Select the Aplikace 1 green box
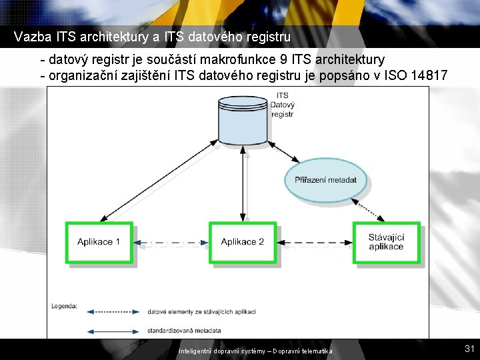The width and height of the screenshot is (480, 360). pyautogui.click(x=99, y=242)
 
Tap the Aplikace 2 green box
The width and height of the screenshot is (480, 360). pyautogui.click(x=243, y=242)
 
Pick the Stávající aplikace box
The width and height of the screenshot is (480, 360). pyautogui.click(x=386, y=242)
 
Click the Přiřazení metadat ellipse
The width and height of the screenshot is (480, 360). pyautogui.click(x=325, y=180)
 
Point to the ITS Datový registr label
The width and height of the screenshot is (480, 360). pyautogui.click(x=283, y=105)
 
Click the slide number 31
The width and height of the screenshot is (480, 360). pyautogui.click(x=469, y=349)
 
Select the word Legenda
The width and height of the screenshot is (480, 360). pyautogui.click(x=64, y=307)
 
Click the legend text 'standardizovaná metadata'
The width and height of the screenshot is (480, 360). pyautogui.click(x=184, y=330)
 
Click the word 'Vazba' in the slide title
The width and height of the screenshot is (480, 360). pyautogui.click(x=29, y=35)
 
